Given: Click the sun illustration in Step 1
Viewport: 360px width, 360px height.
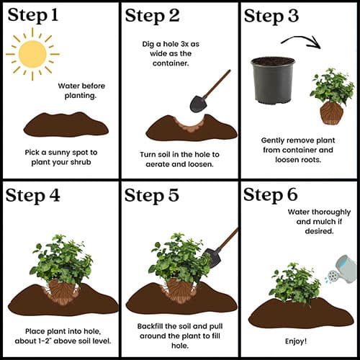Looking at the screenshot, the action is click(x=32, y=54).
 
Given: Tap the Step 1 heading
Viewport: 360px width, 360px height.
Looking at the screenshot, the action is click(x=33, y=15).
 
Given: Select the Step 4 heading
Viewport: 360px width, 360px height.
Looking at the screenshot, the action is click(x=32, y=196).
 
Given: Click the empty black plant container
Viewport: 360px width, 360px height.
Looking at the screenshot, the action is click(x=273, y=81).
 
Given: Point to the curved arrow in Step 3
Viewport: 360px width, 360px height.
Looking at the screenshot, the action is click(x=300, y=38).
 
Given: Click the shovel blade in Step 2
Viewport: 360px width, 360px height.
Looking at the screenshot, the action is click(x=198, y=104).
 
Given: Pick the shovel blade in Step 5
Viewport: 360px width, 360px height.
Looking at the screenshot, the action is click(x=212, y=258).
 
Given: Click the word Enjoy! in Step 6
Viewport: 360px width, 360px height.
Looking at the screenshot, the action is click(x=296, y=341).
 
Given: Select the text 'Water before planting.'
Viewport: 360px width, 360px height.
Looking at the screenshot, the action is click(x=81, y=91).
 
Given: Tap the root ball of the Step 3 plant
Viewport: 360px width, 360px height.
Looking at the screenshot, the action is click(x=332, y=113).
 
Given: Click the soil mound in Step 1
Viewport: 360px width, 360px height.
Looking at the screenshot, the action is click(x=66, y=125).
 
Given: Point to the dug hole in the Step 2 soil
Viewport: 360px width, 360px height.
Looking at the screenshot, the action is click(x=191, y=123).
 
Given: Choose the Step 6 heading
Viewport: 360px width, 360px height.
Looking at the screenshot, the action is click(x=271, y=195).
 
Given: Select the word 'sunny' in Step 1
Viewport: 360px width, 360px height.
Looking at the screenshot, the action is click(x=59, y=153).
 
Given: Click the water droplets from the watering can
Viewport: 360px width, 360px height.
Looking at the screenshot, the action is click(x=327, y=280).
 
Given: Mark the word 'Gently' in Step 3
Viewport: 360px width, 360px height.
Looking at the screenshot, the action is click(x=273, y=140).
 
